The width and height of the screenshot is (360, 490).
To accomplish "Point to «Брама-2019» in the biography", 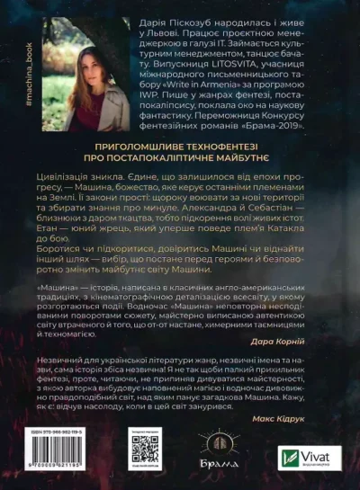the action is [305, 114].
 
